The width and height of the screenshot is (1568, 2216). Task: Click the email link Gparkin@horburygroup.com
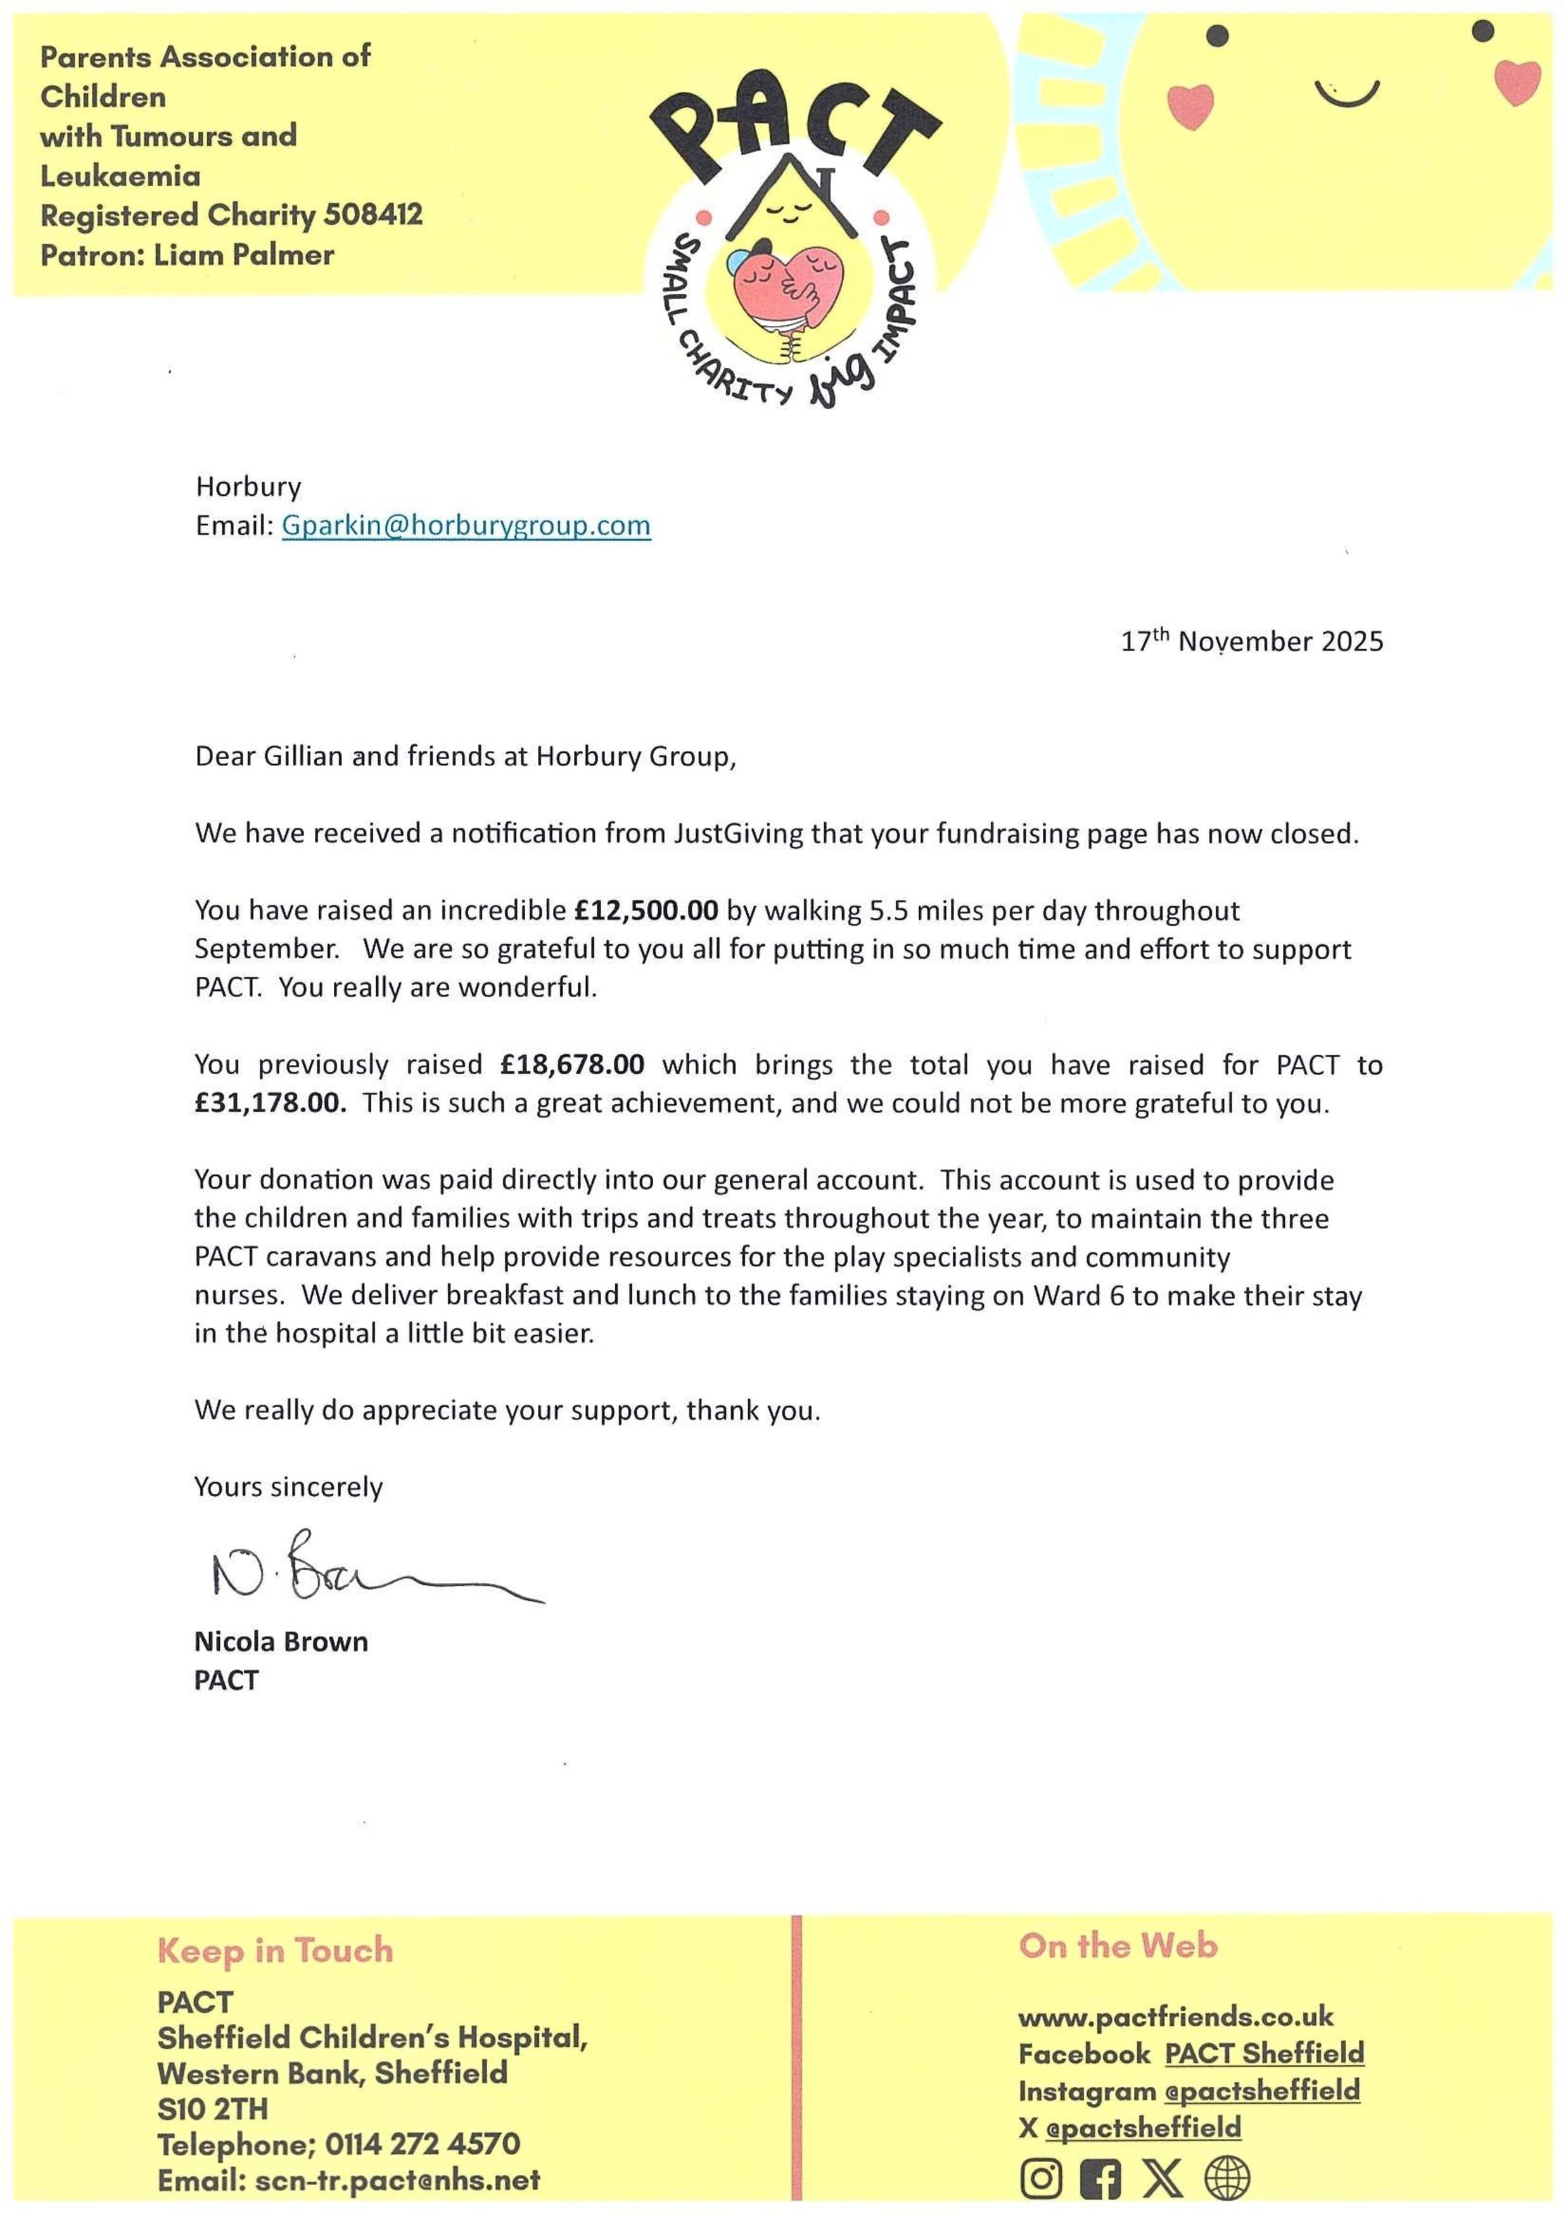[466, 526]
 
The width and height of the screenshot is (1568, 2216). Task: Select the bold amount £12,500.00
[646, 911]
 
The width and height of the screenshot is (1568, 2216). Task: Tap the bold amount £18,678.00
[573, 1064]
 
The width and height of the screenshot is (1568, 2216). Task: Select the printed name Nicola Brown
[281, 1642]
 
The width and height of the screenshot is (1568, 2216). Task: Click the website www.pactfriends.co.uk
[1175, 2016]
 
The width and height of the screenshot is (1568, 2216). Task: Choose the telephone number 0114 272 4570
[422, 2144]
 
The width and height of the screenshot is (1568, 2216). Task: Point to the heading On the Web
[1118, 1946]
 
